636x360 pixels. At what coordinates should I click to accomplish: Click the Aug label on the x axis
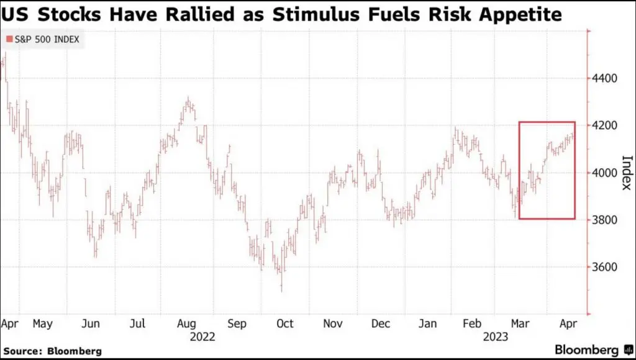pyautogui.click(x=187, y=323)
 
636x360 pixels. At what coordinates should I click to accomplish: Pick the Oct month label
pyautogui.click(x=284, y=323)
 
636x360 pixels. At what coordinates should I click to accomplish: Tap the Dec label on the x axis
pyautogui.click(x=381, y=323)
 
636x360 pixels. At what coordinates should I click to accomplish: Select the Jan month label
pyautogui.click(x=428, y=323)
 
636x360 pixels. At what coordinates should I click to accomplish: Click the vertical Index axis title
pyautogui.click(x=626, y=173)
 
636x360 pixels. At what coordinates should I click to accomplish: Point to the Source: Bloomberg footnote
pyautogui.click(x=53, y=351)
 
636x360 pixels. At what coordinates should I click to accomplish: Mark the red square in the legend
pyautogui.click(x=9, y=40)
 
